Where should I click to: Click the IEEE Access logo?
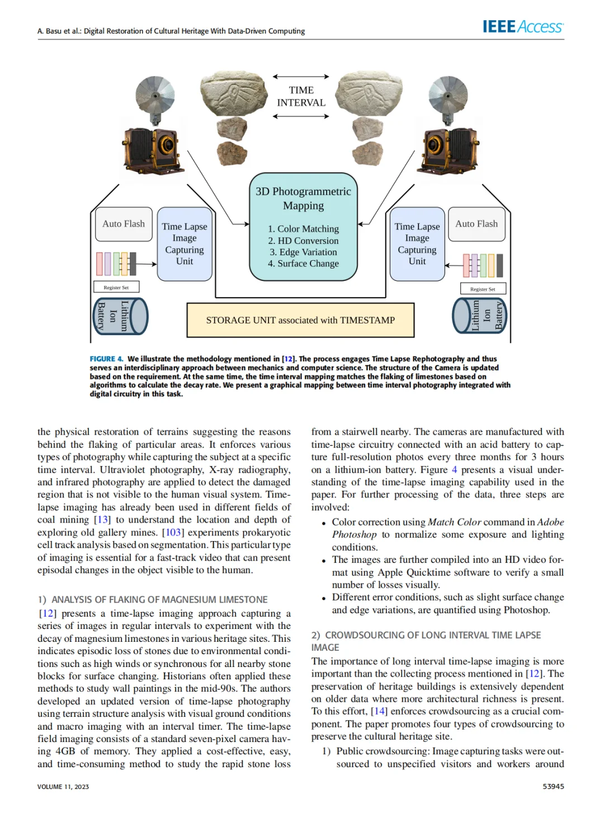(x=523, y=26)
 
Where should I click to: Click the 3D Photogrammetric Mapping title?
(x=303, y=198)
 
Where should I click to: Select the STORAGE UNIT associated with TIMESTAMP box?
(x=300, y=320)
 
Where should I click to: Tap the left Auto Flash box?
(x=124, y=224)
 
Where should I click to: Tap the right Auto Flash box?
(x=476, y=224)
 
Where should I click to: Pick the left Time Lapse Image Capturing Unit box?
(x=185, y=244)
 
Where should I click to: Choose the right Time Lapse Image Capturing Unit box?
(x=417, y=244)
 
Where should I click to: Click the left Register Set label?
(x=116, y=288)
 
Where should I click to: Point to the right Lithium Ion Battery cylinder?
(x=479, y=316)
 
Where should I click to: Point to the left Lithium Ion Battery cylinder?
(x=120, y=316)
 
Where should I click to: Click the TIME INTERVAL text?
(x=301, y=96)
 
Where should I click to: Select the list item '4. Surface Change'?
(x=303, y=264)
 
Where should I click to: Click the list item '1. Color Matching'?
(x=303, y=229)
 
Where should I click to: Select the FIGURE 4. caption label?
(x=106, y=359)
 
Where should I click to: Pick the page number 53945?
(x=553, y=786)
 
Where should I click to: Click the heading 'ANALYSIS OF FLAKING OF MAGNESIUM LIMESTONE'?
(x=159, y=599)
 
